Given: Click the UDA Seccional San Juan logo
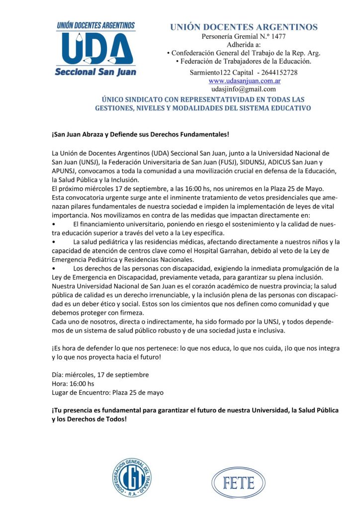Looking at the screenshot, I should pos(96,49).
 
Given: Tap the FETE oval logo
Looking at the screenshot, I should pos(239,482).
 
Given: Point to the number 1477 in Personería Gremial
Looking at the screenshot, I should pos(277,37).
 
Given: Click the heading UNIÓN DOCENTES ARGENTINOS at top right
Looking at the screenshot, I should pos(244,27).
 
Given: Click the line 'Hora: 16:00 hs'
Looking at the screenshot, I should pos(73,383).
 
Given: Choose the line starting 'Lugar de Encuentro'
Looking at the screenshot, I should pos(107,392).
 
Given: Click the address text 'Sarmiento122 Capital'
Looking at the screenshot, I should pos(221,73).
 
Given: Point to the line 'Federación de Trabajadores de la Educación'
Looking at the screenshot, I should pos(244,61).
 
